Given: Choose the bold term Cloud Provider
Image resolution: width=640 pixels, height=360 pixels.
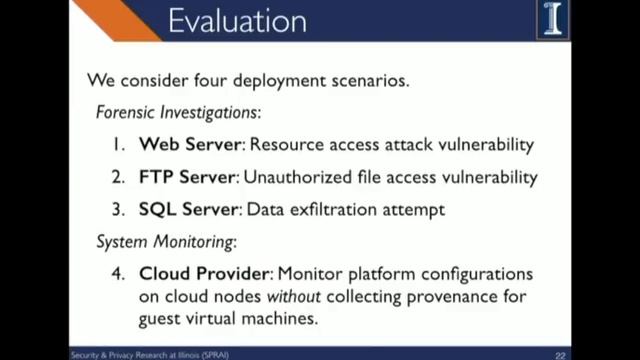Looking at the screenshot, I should click(204, 273).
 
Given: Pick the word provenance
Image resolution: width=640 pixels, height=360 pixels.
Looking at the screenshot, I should click(456, 296).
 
